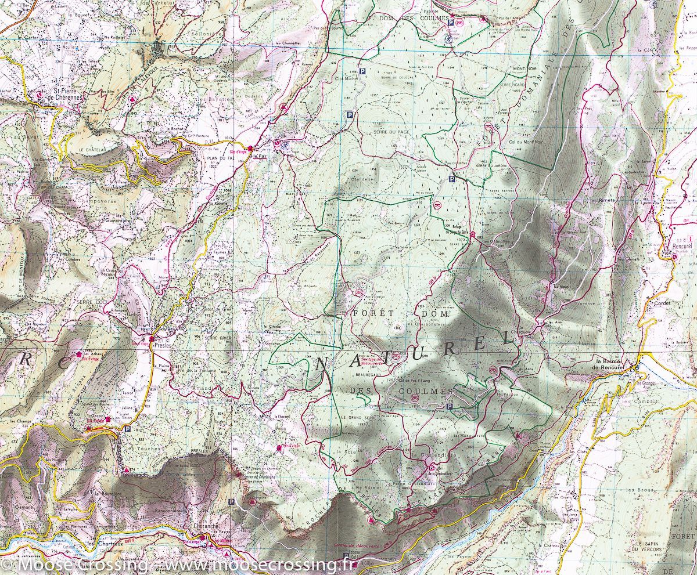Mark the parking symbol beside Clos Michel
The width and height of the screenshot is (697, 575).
363,71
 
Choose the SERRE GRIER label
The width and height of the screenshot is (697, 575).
219,338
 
